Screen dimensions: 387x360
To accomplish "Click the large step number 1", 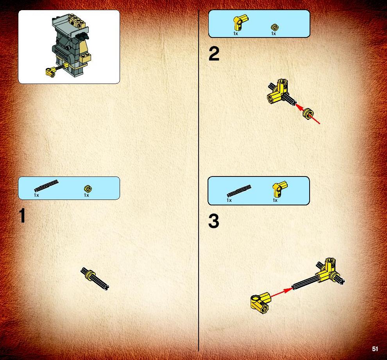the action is click(x=22, y=215).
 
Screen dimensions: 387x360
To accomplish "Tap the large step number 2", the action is click(x=214, y=54).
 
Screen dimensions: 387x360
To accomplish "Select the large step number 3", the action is click(x=214, y=221).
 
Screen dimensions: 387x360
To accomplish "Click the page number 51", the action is click(x=375, y=349).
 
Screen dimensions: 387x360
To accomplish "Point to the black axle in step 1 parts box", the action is click(x=47, y=186).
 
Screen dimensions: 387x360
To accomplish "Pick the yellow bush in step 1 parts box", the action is click(x=88, y=189).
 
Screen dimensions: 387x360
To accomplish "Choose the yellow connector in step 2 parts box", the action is click(x=240, y=22).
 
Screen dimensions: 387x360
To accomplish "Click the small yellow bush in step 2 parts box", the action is click(x=274, y=27).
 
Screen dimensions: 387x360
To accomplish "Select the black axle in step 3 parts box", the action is click(x=239, y=191).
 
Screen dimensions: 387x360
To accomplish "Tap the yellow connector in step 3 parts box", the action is click(x=279, y=189).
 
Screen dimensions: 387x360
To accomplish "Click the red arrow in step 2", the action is click(x=308, y=114).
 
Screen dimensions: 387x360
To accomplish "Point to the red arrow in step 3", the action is click(x=281, y=292).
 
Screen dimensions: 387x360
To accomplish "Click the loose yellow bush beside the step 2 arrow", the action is click(x=308, y=114).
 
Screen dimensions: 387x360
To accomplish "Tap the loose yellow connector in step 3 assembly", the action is click(x=261, y=303).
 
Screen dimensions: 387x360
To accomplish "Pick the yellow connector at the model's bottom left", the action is click(x=50, y=72).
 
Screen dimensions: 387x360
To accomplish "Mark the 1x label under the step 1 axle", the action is click(x=36, y=195).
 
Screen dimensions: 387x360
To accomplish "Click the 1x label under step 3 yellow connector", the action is click(x=275, y=200).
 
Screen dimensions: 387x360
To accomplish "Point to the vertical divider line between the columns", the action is click(x=199, y=180).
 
